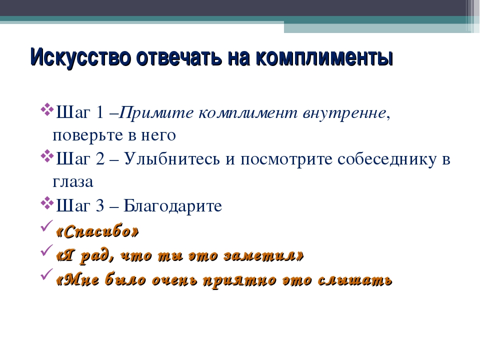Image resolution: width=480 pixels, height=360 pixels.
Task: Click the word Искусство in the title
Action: [80, 57]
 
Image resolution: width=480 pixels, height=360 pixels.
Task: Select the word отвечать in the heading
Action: [179, 57]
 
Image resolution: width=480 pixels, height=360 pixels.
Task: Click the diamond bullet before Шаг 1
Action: [46, 109]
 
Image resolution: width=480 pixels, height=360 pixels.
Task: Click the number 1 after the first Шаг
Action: [100, 112]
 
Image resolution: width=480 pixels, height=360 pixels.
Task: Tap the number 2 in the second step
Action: [100, 158]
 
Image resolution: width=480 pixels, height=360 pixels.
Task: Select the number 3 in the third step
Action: [100, 205]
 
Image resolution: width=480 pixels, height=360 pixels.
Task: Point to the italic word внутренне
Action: [344, 113]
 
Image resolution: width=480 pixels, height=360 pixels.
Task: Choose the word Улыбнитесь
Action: [171, 158]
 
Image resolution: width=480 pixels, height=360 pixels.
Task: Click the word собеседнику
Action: [387, 159]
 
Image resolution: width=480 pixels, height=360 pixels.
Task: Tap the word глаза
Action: [73, 181]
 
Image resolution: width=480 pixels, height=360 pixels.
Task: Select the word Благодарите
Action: [172, 205]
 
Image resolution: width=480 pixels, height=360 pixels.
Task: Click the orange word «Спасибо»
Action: [97, 231]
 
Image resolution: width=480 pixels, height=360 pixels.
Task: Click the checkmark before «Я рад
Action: [47, 250]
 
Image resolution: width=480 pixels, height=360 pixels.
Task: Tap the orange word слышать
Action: [355, 280]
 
